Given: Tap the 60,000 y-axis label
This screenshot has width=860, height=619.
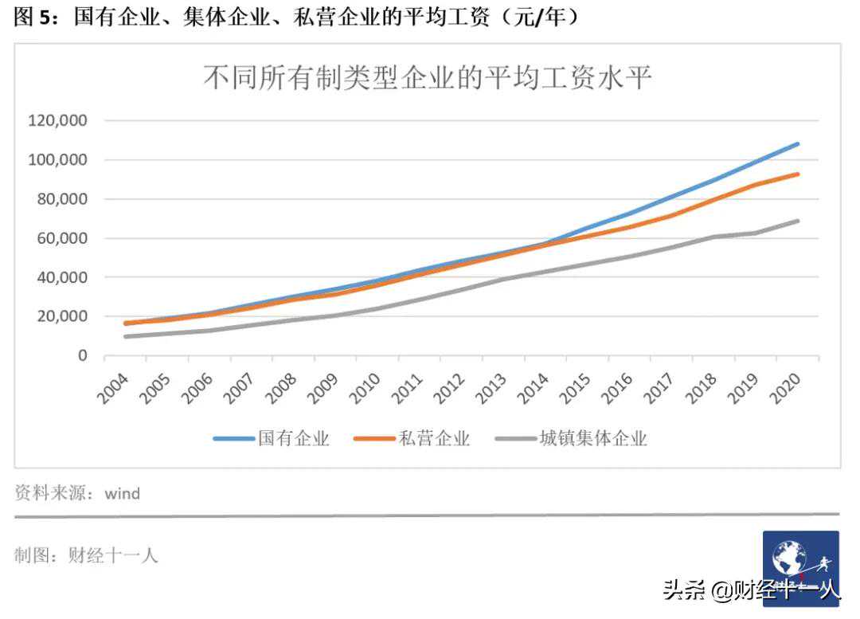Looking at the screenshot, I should click(x=61, y=238).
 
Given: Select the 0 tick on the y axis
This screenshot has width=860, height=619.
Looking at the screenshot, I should click(x=81, y=355).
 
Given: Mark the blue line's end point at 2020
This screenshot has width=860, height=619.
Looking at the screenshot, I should click(x=797, y=144).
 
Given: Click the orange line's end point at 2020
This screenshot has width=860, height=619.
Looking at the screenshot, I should click(x=797, y=174).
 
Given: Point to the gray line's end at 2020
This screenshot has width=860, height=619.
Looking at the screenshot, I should click(x=797, y=221).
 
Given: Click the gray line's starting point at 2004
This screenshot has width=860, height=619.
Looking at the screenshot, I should click(x=126, y=336).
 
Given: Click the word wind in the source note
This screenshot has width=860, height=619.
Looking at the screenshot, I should click(x=123, y=493).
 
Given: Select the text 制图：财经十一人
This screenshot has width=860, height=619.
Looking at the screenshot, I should click(x=86, y=555).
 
